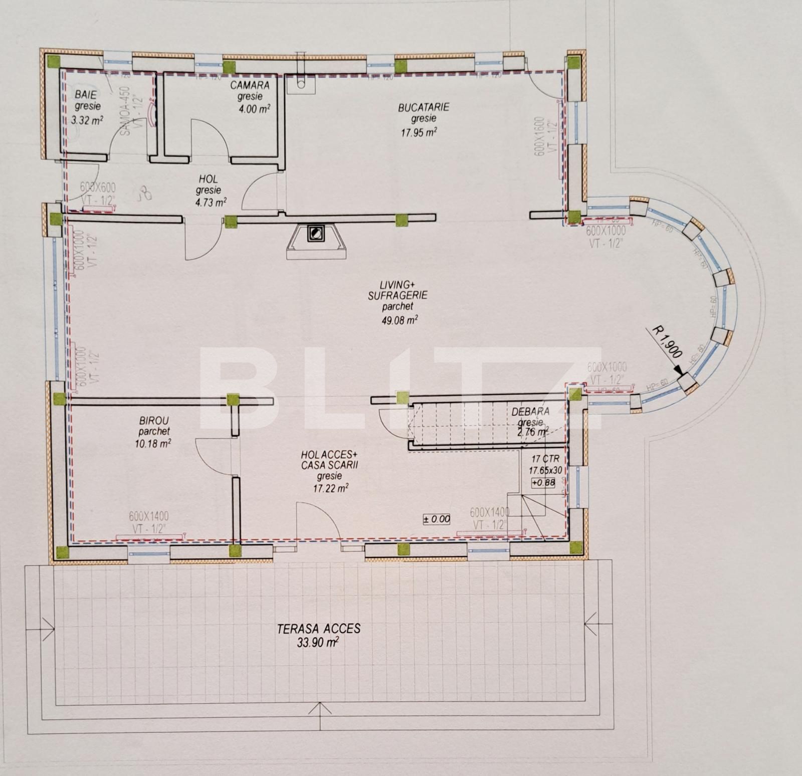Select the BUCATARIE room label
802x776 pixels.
[x=424, y=107]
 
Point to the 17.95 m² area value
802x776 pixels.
[x=418, y=131]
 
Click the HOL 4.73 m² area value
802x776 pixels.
[x=211, y=203]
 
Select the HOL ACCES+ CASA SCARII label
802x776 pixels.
[x=329, y=460]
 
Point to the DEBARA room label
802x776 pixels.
[x=530, y=412]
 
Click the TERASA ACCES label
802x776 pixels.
[x=319, y=629]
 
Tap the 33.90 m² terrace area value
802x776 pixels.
[x=318, y=643]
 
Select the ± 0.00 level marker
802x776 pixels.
[x=437, y=519]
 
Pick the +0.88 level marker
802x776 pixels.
[x=543, y=483]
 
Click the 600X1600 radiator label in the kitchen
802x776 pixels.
[x=539, y=136]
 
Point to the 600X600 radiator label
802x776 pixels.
[x=98, y=187]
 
